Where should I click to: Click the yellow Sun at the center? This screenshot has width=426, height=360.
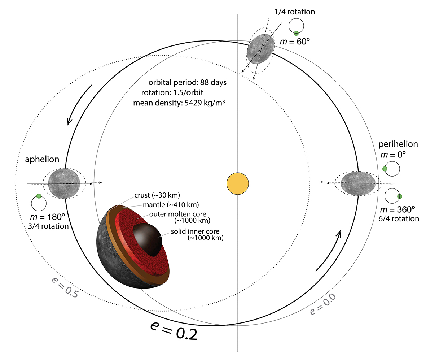[x=238, y=184]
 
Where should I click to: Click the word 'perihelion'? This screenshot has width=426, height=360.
[x=398, y=144]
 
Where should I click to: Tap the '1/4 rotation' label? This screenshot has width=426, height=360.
[x=297, y=12]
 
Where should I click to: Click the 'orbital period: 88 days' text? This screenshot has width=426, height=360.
[x=187, y=82]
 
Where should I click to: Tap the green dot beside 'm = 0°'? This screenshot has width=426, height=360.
[x=385, y=169]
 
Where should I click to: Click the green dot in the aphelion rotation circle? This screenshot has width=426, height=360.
[x=39, y=196]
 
